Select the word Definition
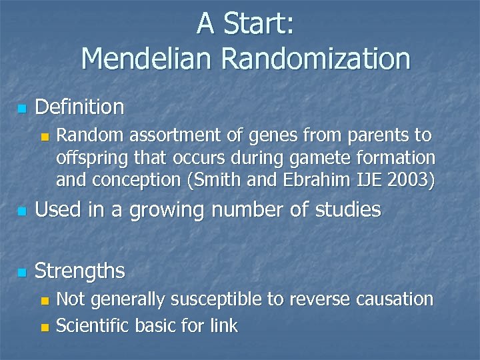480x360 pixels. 79,107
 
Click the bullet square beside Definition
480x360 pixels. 22,109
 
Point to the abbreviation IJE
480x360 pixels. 353,179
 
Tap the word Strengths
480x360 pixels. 79,271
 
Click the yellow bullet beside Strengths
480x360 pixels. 22,273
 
